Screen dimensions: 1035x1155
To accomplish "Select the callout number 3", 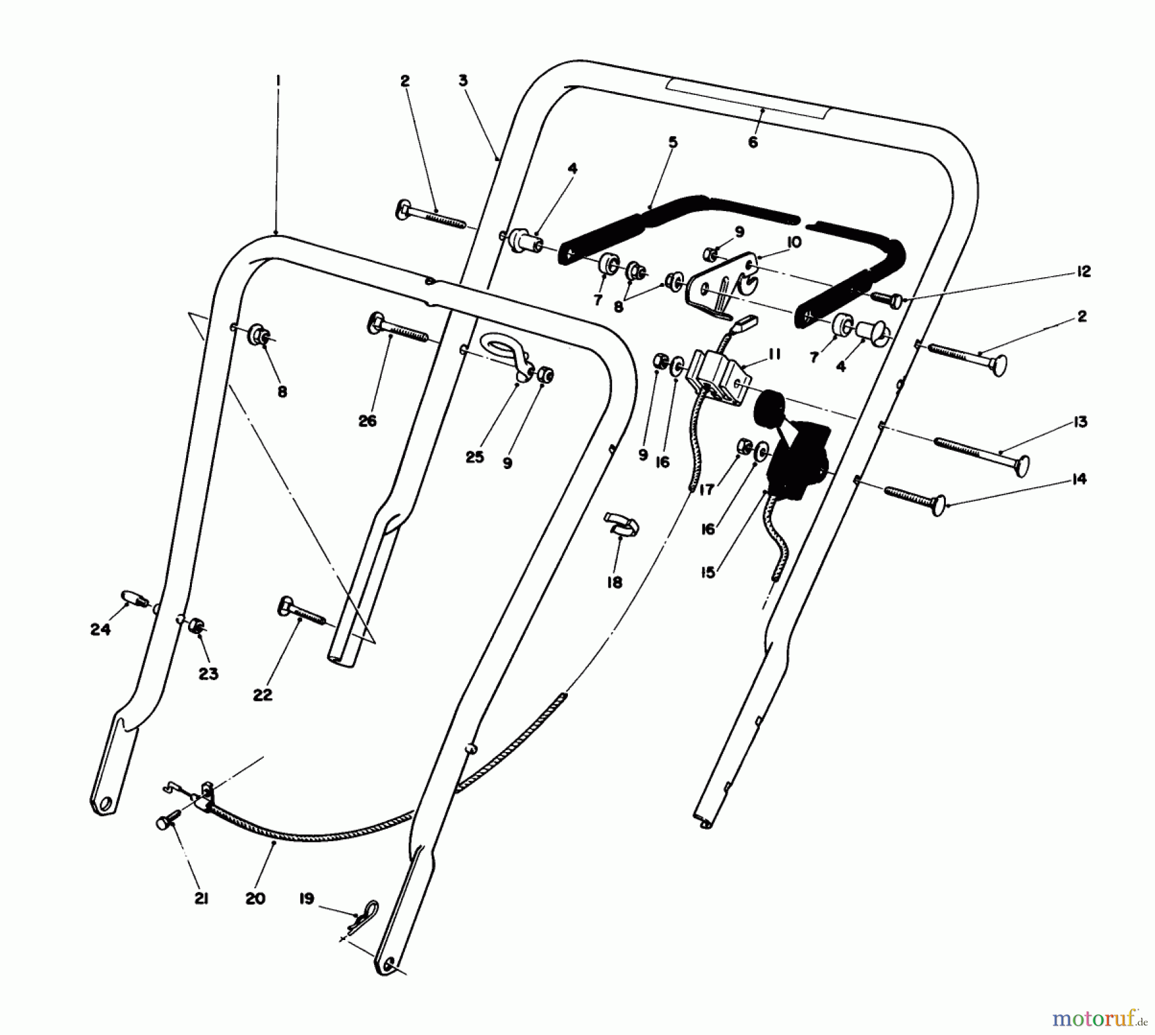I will coord(463,81).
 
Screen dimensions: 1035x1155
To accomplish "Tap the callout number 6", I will coord(753,142).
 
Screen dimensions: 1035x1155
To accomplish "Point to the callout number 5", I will coord(672,142).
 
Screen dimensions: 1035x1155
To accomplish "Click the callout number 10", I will coord(794,243).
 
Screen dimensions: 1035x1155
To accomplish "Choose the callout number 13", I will coord(1080,422).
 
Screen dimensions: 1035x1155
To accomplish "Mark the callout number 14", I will coord(1079,479).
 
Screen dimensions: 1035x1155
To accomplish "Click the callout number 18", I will coord(615,583).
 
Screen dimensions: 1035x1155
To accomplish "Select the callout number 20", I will coord(255,899).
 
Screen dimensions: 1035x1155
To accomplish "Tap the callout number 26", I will coord(368,421).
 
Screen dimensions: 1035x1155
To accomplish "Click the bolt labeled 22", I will coord(298,612).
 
